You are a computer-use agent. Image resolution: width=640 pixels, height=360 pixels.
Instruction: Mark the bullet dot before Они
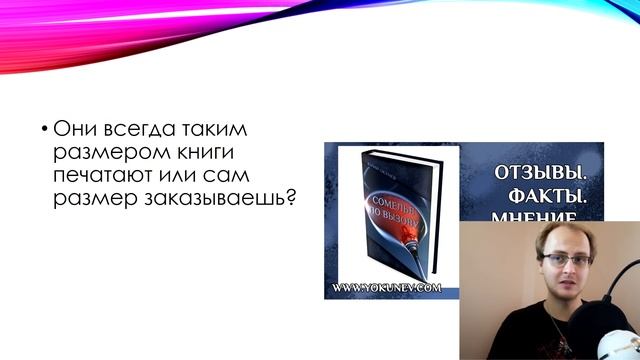(x=44, y=130)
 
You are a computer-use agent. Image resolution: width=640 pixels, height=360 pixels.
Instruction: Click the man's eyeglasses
(x=565, y=259)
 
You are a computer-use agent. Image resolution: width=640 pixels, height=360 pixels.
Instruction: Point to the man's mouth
(x=562, y=297)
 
